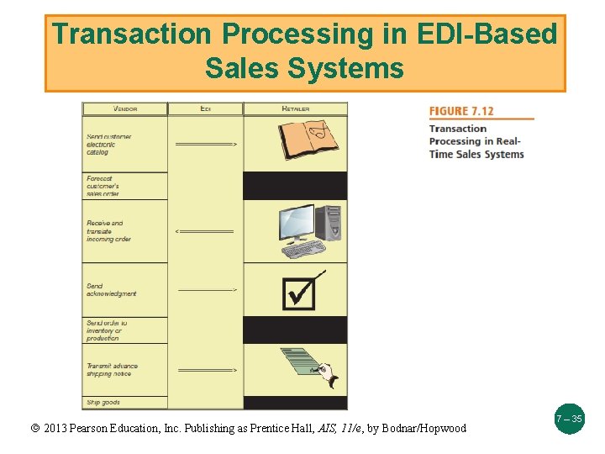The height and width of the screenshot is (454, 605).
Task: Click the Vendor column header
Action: tap(124, 108)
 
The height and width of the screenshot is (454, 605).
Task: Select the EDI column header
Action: tap(206, 108)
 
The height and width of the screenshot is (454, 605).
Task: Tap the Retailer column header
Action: tap(295, 108)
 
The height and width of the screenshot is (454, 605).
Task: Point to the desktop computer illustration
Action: tap(309, 231)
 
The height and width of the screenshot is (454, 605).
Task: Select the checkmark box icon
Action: tap(300, 291)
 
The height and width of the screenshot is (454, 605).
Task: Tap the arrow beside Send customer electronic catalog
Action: tap(206, 145)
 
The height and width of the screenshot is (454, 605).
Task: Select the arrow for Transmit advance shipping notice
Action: tap(207, 370)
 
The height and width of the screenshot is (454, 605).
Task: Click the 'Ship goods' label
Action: tap(103, 403)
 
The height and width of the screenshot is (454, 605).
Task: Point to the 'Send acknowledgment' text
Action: tap(111, 290)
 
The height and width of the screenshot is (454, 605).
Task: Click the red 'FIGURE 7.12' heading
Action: tap(461, 112)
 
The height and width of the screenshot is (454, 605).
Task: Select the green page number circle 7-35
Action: tap(568, 418)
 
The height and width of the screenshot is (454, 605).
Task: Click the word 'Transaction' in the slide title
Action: tap(132, 34)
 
